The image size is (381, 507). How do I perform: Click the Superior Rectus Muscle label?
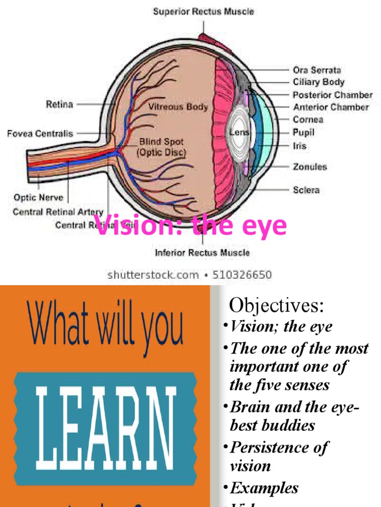[203, 11]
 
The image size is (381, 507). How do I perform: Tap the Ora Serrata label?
[317, 70]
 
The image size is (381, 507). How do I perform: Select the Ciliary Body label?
[318, 82]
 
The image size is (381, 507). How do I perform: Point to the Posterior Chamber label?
[332, 95]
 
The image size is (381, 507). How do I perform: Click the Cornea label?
[308, 119]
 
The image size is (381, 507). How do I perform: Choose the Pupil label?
[304, 133]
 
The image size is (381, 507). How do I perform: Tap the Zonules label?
[310, 167]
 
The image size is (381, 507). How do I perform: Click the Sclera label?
[306, 190]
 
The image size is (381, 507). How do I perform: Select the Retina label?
[60, 104]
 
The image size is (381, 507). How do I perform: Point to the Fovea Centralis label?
[40, 134]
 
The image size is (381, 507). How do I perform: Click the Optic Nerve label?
[38, 198]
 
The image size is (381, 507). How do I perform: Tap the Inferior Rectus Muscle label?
[202, 253]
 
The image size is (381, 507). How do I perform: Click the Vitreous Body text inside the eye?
[178, 107]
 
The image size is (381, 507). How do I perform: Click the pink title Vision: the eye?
[191, 225]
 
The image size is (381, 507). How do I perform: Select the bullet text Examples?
[264, 488]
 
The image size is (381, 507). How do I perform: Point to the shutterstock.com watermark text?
[153, 275]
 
